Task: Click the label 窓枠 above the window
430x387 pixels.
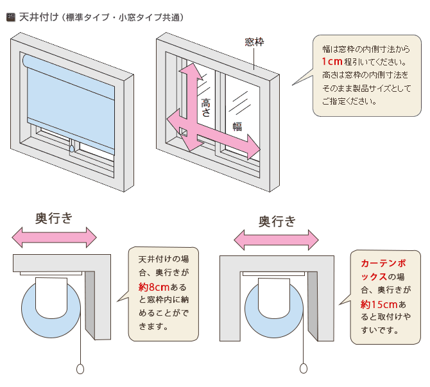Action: pyautogui.click(x=254, y=42)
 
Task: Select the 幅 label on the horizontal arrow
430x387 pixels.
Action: pyautogui.click(x=237, y=126)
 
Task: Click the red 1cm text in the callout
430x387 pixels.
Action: pyautogui.click(x=332, y=62)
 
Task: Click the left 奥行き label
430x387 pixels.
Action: pyautogui.click(x=54, y=218)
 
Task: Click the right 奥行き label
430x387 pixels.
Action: pyautogui.click(x=277, y=222)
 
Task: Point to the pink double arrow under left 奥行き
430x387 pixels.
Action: pyautogui.click(x=54, y=238)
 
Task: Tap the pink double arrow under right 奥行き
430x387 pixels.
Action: pyautogui.click(x=277, y=241)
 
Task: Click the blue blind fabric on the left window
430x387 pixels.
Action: pyautogui.click(x=71, y=96)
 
